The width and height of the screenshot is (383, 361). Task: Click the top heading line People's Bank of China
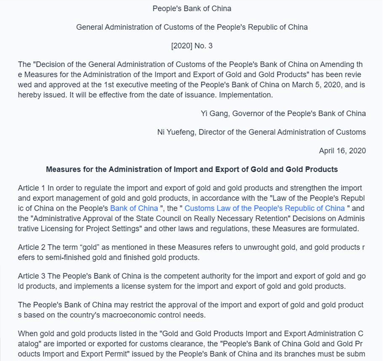(x=191, y=8)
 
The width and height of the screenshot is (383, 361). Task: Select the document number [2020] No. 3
(x=191, y=46)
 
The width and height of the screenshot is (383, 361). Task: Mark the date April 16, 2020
(x=342, y=151)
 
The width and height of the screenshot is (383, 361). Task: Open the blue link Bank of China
(x=134, y=208)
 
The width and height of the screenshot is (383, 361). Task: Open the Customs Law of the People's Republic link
(x=265, y=208)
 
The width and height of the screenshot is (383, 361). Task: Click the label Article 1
(x=31, y=188)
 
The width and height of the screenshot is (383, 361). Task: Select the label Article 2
(x=31, y=248)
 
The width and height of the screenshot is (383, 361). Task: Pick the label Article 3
(x=31, y=276)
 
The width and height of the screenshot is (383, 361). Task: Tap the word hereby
(x=29, y=95)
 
